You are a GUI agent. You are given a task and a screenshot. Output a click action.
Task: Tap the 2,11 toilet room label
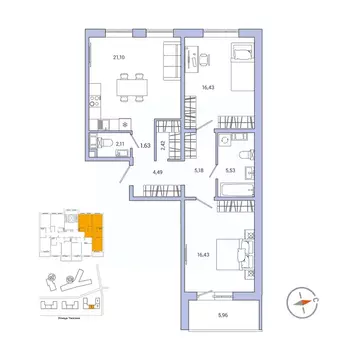(x=120, y=146)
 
